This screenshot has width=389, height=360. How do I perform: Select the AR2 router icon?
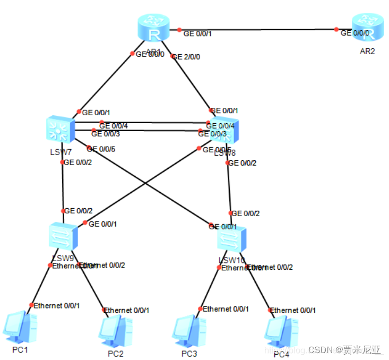(x=368, y=28)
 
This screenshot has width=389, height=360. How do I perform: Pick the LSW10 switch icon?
(x=232, y=239)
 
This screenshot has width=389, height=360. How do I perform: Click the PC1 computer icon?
(x=20, y=326)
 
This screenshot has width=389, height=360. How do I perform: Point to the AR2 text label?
(x=367, y=52)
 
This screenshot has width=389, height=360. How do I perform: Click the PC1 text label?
(x=20, y=350)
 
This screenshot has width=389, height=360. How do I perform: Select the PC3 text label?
(x=189, y=353)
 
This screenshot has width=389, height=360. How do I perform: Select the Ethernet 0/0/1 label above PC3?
(x=226, y=308)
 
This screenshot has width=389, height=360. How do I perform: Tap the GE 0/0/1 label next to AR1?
(x=198, y=33)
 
